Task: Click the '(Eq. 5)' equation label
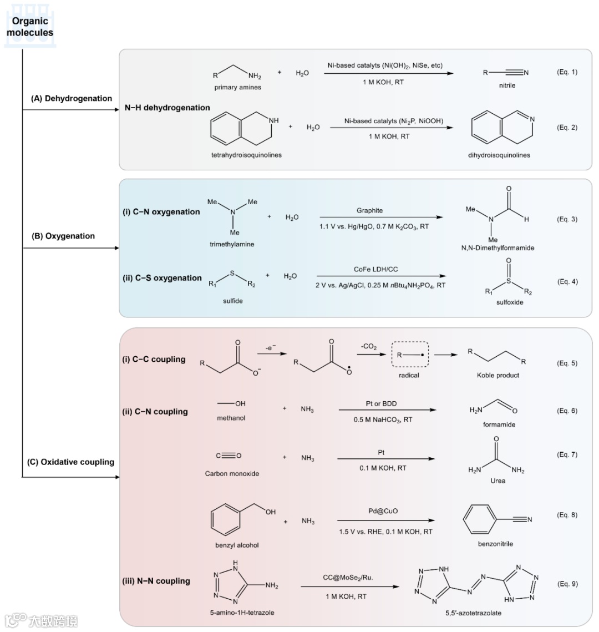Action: tap(567, 363)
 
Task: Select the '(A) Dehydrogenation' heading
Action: tap(71, 98)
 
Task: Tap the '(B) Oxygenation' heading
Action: tap(63, 236)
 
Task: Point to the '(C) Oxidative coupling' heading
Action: tap(70, 462)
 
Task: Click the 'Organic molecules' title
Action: tap(30, 27)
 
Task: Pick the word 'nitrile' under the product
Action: tap(507, 85)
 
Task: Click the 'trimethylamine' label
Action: tap(232, 244)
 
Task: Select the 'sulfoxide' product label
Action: tap(510, 302)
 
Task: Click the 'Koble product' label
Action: tap(498, 376)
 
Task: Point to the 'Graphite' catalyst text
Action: tap(369, 210)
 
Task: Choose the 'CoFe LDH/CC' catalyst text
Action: tap(375, 269)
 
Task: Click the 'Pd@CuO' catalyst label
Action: tap(383, 511)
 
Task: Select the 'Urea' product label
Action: tap(498, 481)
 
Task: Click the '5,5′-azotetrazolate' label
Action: tap(473, 613)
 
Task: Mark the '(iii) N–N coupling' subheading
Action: tap(156, 581)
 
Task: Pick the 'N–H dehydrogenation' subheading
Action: tap(167, 108)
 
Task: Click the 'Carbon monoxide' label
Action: tap(232, 474)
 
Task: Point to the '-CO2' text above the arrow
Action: tap(369, 347)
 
